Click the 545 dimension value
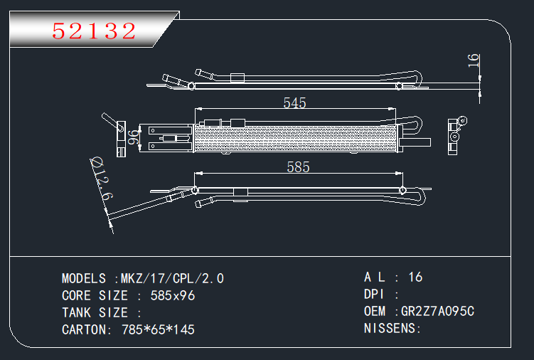pos(294,103)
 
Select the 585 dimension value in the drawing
pos(298,167)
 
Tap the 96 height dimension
pos(132,137)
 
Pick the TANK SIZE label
pos(95,312)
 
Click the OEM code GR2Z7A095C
pos(437,311)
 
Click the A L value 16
pos(416,277)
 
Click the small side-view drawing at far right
pos(455,137)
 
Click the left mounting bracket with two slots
pos(169,138)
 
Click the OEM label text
pos(375,311)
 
